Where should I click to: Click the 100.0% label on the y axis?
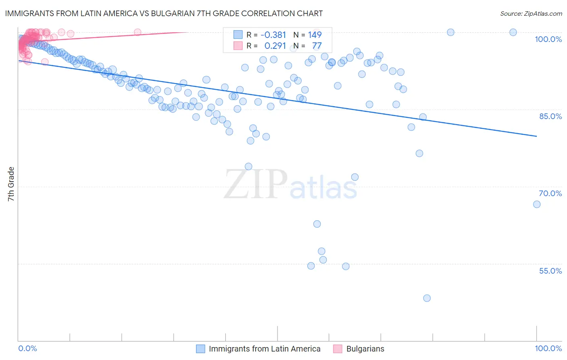pyautogui.click(x=548, y=39)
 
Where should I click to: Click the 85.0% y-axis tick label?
pyautogui.click(x=550, y=116)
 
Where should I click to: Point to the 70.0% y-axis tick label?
pyautogui.click(x=550, y=193)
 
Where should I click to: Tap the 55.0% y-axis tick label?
pyautogui.click(x=550, y=271)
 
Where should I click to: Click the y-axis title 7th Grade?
pyautogui.click(x=11, y=184)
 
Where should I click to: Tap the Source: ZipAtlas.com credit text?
pyautogui.click(x=531, y=14)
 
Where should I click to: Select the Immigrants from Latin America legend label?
pyautogui.click(x=265, y=349)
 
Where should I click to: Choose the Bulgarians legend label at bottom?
pyautogui.click(x=365, y=349)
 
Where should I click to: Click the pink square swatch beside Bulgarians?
pyautogui.click(x=338, y=349)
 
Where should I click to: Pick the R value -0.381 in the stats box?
pyautogui.click(x=273, y=35)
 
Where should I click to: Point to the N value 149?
pyautogui.click(x=315, y=35)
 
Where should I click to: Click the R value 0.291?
pyautogui.click(x=275, y=46)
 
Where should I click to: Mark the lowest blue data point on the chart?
pyautogui.click(x=427, y=298)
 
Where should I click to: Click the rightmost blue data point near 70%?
pyautogui.click(x=537, y=204)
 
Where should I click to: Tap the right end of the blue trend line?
pyautogui.click(x=537, y=136)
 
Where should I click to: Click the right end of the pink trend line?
pyautogui.click(x=188, y=32)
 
